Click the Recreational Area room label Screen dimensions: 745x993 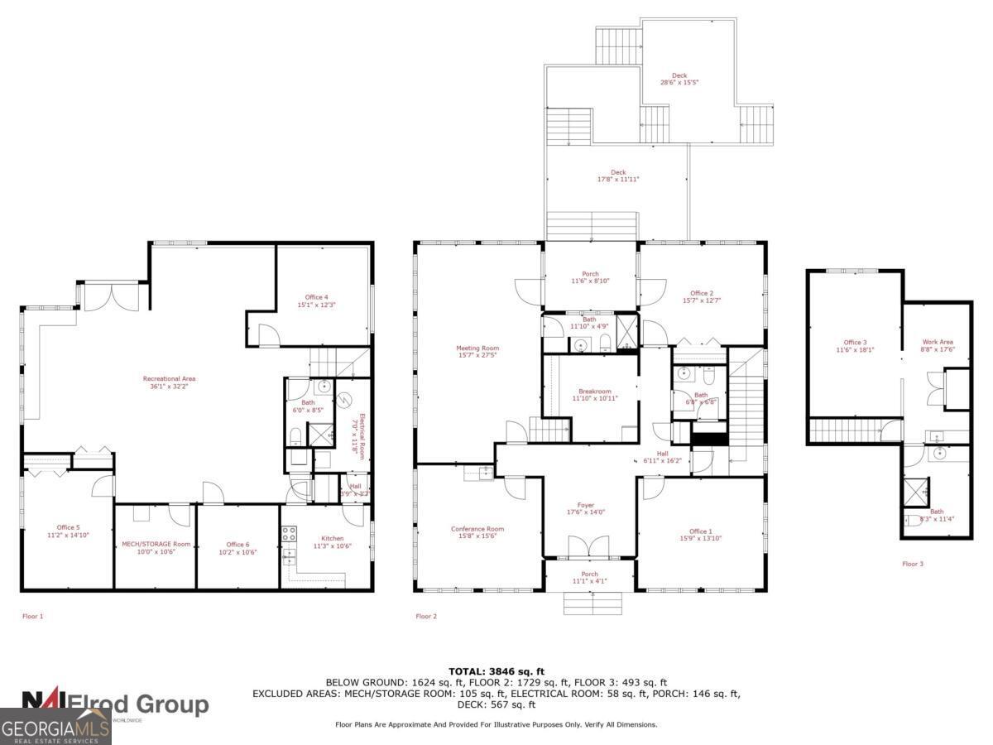tap(169, 382)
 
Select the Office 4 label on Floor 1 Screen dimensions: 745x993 tap(316, 300)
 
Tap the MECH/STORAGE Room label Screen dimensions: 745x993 tap(156, 547)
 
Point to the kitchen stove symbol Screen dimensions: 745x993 tap(289, 534)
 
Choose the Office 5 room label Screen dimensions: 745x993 tap(68, 531)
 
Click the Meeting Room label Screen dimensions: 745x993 tap(477, 352)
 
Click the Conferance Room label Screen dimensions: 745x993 tap(477, 532)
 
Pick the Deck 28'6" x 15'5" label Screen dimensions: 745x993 tap(679, 79)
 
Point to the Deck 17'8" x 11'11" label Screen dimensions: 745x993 tap(618, 175)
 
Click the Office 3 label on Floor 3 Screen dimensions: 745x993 tap(855, 345)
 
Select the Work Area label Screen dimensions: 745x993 tap(938, 345)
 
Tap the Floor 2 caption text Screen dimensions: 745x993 tap(425, 616)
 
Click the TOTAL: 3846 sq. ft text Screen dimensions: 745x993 tap(496, 671)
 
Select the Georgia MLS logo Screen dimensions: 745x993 tap(55, 728)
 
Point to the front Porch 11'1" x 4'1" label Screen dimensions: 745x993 tap(589, 577)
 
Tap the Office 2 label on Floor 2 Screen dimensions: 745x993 tap(700, 296)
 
